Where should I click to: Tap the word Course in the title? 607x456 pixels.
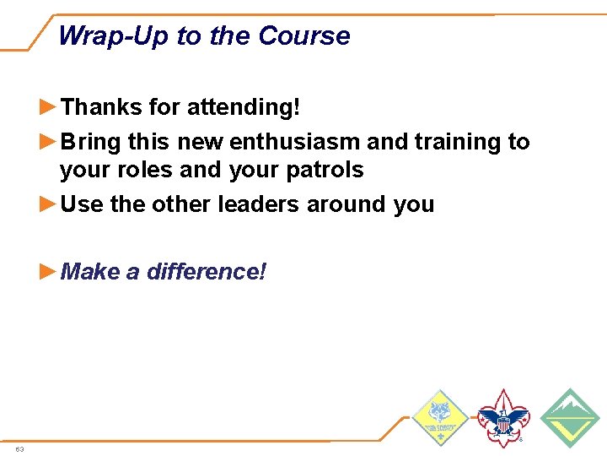(304, 36)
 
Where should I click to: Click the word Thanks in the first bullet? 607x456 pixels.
(102, 107)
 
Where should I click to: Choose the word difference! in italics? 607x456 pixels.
(206, 272)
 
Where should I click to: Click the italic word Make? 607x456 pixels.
(91, 272)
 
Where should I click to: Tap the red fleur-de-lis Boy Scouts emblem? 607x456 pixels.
(503, 419)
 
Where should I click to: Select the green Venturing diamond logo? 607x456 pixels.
(569, 419)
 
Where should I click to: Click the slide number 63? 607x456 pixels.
(19, 449)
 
